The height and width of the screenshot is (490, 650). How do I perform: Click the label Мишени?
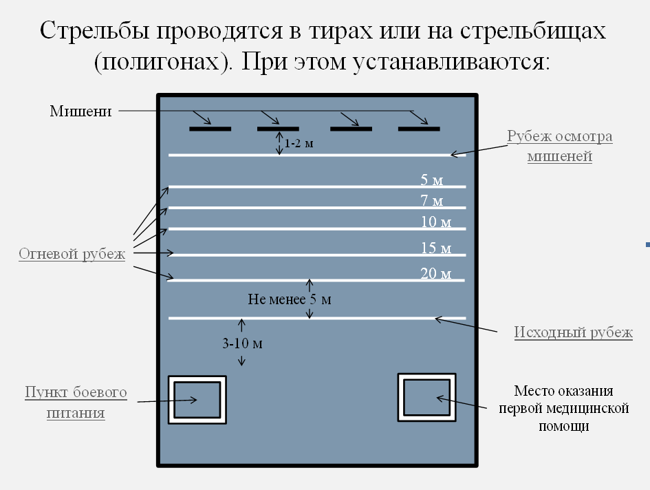(81, 111)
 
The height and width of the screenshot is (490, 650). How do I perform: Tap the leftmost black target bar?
(210, 129)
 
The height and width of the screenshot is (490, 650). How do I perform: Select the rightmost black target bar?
(419, 129)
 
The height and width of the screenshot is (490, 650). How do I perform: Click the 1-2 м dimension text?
(299, 143)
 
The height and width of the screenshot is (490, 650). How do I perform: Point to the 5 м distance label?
(431, 180)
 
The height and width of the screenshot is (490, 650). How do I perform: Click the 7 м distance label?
(431, 201)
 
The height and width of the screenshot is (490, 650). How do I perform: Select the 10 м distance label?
(435, 222)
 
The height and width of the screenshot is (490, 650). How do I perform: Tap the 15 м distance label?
(435, 248)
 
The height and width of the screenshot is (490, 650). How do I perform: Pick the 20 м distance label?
(435, 273)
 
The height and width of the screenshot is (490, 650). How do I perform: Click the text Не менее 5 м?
(290, 299)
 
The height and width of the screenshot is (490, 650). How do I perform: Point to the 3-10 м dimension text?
(243, 343)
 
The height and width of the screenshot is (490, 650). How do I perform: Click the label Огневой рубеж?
(72, 254)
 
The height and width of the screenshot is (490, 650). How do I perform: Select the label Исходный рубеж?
(574, 332)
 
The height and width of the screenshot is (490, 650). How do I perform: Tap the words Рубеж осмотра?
(560, 136)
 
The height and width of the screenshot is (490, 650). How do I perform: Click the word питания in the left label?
(76, 413)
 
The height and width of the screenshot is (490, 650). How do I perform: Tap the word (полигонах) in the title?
(163, 62)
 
